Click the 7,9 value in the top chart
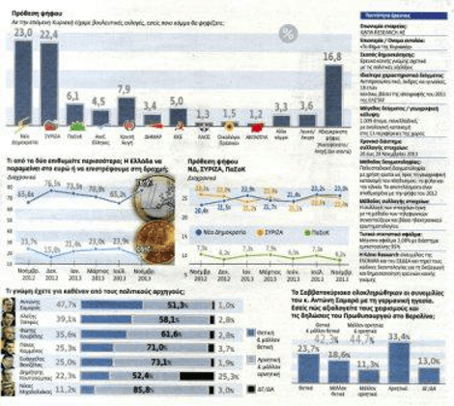[125, 89]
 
